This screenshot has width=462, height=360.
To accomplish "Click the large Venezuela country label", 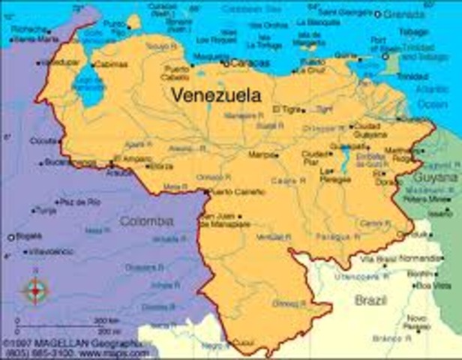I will [217, 95].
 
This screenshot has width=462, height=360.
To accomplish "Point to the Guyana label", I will [437, 177].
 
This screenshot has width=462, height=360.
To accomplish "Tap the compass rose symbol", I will [34, 289].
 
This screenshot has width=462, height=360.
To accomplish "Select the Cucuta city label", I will [43, 140].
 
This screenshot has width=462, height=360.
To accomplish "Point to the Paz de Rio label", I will [80, 202].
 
